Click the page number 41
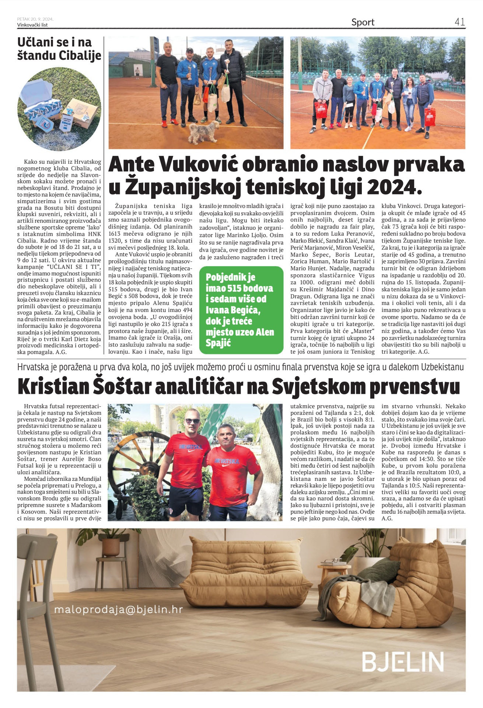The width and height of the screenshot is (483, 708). pos(459,22)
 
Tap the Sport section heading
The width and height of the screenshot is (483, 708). pos(363,22)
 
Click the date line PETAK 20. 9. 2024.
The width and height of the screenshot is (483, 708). pos(35,19)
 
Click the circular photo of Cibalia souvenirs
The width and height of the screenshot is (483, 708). pos(59,109)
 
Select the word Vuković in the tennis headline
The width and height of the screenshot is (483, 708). pos(202,164)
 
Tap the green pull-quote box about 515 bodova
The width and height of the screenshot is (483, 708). pos(241,310)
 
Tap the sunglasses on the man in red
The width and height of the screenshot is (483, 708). pos(192,421)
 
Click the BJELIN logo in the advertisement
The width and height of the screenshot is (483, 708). pos(403,662)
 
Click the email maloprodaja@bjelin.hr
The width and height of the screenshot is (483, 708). pos(118,610)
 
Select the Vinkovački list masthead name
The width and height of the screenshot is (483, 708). pos(32,25)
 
